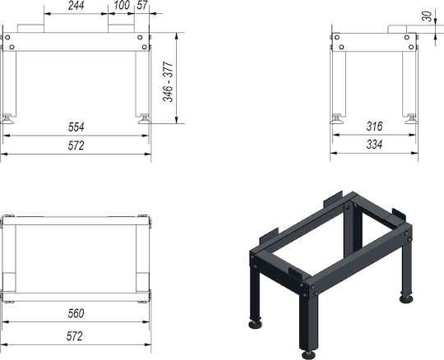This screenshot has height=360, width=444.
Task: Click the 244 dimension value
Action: (76, 6)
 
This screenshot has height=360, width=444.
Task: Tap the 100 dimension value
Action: (122, 5)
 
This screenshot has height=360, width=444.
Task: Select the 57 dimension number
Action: (142, 5)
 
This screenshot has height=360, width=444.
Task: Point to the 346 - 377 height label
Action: (168, 81)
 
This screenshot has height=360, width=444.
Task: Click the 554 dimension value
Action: (76, 127)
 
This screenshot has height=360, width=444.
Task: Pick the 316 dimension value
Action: (374, 127)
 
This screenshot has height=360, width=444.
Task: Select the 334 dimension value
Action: (374, 145)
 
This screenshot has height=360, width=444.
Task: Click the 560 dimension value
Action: (76, 313)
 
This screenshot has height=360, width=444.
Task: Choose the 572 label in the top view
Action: (75, 336)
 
